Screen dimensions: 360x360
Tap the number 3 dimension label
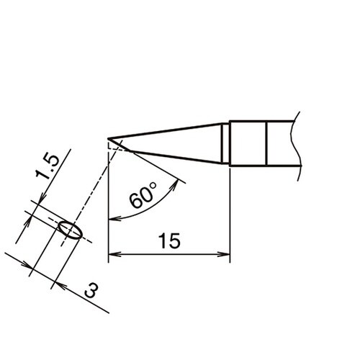pos(92,292)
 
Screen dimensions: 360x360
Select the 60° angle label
pos(145,197)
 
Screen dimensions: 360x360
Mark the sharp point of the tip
pos(109,139)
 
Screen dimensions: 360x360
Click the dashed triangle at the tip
pos(113,145)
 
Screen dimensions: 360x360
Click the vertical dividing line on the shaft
pos(266,142)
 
